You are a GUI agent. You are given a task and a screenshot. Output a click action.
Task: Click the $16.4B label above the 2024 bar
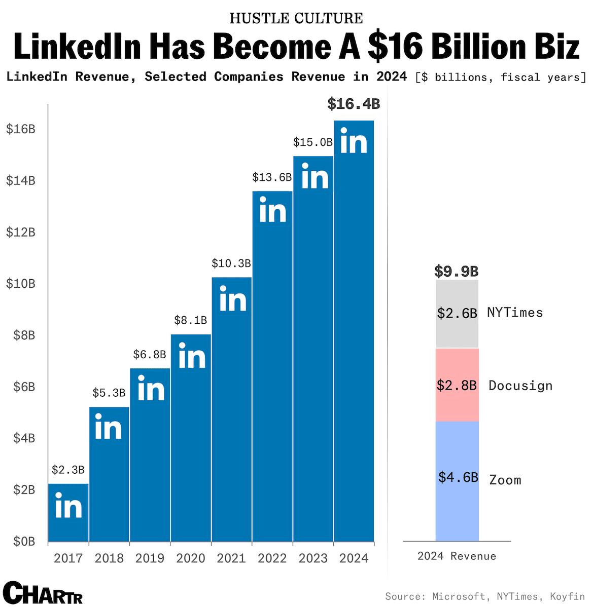point(353,104)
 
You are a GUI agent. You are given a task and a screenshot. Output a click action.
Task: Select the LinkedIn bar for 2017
point(68,512)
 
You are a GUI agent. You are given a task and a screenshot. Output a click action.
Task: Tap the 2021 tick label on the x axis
point(231,558)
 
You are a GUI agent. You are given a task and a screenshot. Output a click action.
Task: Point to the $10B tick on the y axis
point(21,284)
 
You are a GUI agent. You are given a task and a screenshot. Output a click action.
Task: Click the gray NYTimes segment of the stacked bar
point(457,314)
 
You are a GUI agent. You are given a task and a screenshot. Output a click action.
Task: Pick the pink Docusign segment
point(457,385)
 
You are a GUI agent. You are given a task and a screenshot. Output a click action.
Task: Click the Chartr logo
point(42,593)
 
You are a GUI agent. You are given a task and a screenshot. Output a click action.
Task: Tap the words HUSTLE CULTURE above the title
point(296,18)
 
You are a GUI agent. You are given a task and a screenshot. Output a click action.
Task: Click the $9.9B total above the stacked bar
point(457,272)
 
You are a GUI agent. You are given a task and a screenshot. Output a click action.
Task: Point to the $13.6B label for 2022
point(272,177)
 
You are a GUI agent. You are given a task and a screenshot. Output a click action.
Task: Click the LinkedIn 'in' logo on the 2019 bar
point(151,389)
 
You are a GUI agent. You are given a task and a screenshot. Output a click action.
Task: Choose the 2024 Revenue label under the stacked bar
point(457,556)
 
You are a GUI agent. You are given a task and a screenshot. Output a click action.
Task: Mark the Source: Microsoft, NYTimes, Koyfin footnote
point(484,596)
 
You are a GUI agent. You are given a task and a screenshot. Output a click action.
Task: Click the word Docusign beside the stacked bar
point(520,386)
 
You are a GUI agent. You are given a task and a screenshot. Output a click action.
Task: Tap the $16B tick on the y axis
point(21,129)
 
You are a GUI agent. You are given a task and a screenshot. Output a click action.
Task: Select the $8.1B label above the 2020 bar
point(190,320)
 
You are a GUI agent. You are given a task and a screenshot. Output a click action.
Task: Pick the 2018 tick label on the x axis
point(109,558)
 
